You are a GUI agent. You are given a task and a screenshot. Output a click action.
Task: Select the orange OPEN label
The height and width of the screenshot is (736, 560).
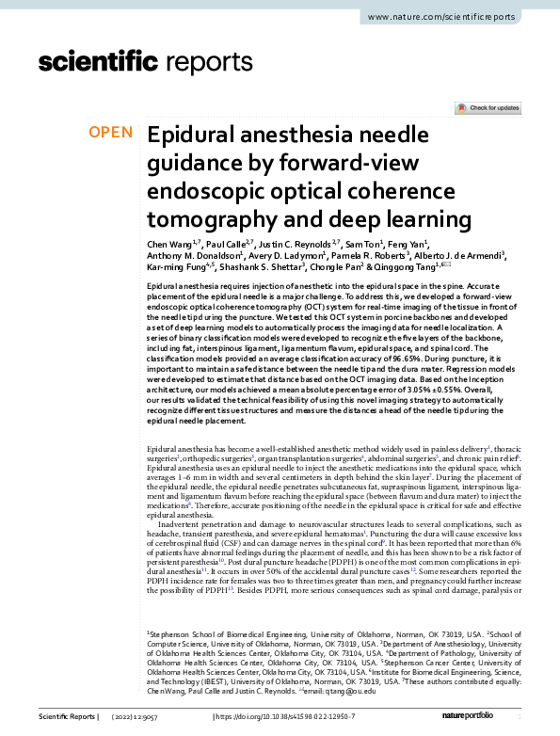110,132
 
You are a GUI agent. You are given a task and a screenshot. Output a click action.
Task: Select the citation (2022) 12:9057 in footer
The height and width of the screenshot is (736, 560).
143,717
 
